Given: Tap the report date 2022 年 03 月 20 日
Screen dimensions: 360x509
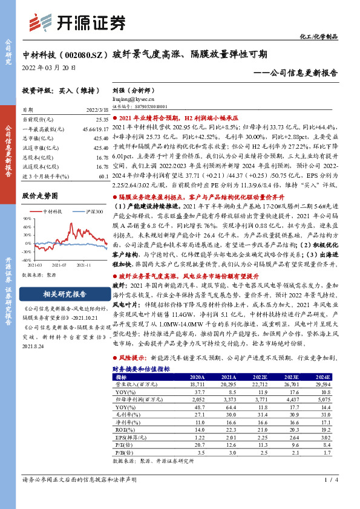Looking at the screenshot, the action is point(48,67).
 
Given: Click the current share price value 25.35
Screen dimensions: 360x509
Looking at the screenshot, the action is point(102,120).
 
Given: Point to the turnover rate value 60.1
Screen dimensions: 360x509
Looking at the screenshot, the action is point(102,175).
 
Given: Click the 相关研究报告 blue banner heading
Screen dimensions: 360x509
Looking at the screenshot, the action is point(65,294).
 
